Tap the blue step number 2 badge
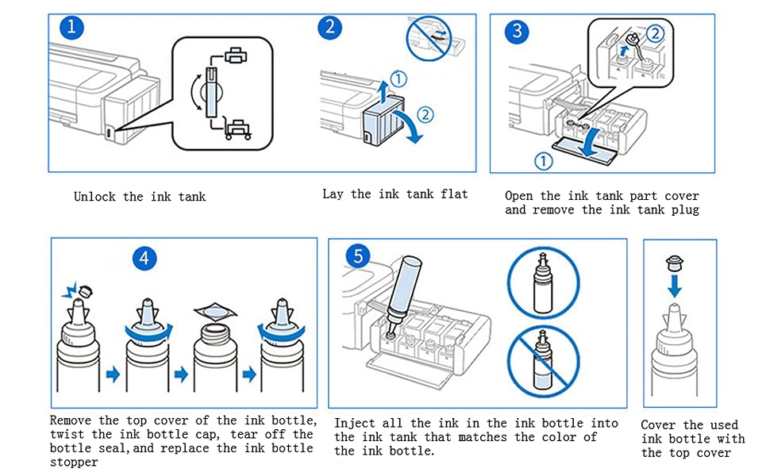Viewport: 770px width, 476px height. tap(329, 27)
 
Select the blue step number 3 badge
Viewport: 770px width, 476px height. tap(518, 31)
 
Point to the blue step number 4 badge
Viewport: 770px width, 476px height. tap(145, 258)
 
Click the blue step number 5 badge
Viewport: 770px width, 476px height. tap(360, 256)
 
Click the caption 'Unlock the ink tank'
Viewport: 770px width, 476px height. tap(140, 196)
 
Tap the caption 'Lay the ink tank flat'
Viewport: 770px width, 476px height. tap(395, 194)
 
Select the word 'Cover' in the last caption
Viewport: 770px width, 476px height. tap(660, 425)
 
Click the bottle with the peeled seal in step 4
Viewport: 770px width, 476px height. tap(213, 349)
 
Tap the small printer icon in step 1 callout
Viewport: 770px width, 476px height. tap(235, 55)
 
